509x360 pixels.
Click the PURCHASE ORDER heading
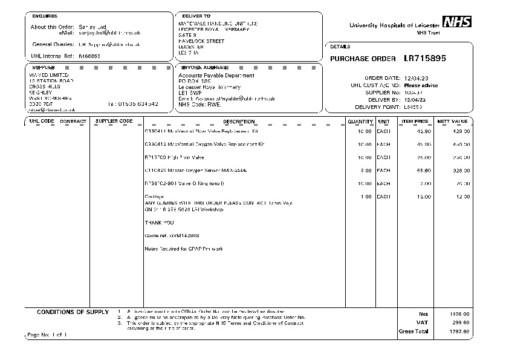(x=363, y=59)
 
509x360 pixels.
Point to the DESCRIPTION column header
(x=239, y=122)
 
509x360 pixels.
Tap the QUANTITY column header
(x=360, y=122)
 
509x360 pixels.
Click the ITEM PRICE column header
(x=415, y=122)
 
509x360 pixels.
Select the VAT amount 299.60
(x=461, y=322)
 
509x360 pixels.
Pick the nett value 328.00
(x=461, y=171)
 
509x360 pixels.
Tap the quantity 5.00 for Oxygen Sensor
(x=365, y=171)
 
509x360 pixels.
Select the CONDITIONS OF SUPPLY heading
(x=73, y=312)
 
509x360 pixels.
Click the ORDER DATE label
(x=382, y=78)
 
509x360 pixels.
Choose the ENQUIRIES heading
(x=45, y=16)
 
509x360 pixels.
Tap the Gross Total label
(x=413, y=332)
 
